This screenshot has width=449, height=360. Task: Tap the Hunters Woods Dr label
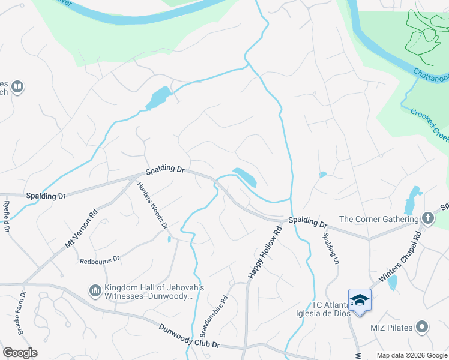[151, 205]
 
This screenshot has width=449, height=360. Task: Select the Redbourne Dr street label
[100, 260]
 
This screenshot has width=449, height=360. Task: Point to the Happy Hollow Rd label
[264, 252]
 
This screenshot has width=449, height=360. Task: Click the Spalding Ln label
[334, 247]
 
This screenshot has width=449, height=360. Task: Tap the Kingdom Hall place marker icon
[94, 291]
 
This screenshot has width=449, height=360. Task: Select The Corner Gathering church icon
[427, 219]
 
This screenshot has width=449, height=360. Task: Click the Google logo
[19, 353]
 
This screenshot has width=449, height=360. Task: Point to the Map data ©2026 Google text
[411, 355]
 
